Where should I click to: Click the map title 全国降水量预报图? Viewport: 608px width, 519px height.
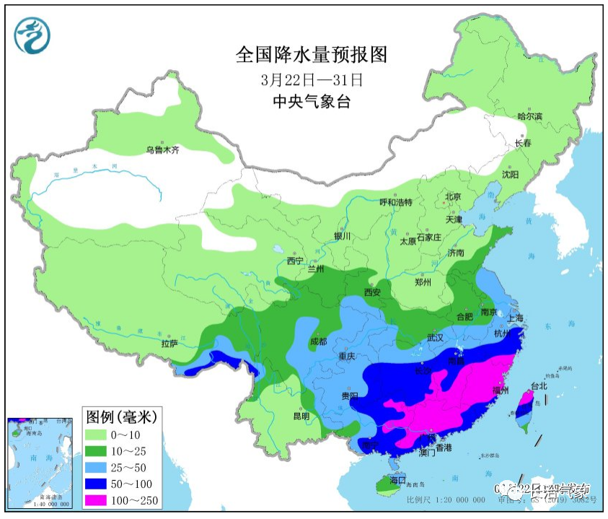(312, 55)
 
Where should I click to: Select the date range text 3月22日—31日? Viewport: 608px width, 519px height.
(312, 79)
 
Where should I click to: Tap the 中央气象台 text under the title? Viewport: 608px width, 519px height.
(312, 102)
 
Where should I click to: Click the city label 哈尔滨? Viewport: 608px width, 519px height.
(529, 116)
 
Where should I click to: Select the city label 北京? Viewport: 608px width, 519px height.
(453, 196)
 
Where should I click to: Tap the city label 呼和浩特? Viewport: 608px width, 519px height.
(395, 203)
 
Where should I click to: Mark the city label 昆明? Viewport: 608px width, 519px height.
(300, 416)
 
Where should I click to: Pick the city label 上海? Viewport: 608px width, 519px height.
(515, 317)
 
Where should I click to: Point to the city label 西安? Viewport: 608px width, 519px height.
(372, 292)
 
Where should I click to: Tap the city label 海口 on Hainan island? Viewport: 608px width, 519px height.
(398, 480)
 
